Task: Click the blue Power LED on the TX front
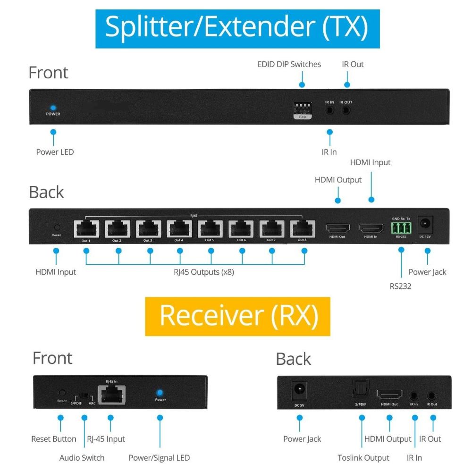(x=53, y=108)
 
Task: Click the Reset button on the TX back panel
(x=57, y=228)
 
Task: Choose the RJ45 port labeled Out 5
(x=210, y=229)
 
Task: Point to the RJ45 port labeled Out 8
(x=303, y=229)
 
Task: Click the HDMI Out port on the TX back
(x=338, y=228)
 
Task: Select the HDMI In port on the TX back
(x=371, y=228)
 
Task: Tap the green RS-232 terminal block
(x=402, y=229)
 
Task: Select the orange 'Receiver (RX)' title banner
(x=237, y=316)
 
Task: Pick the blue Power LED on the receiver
(x=160, y=393)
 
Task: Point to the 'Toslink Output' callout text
(x=363, y=457)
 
